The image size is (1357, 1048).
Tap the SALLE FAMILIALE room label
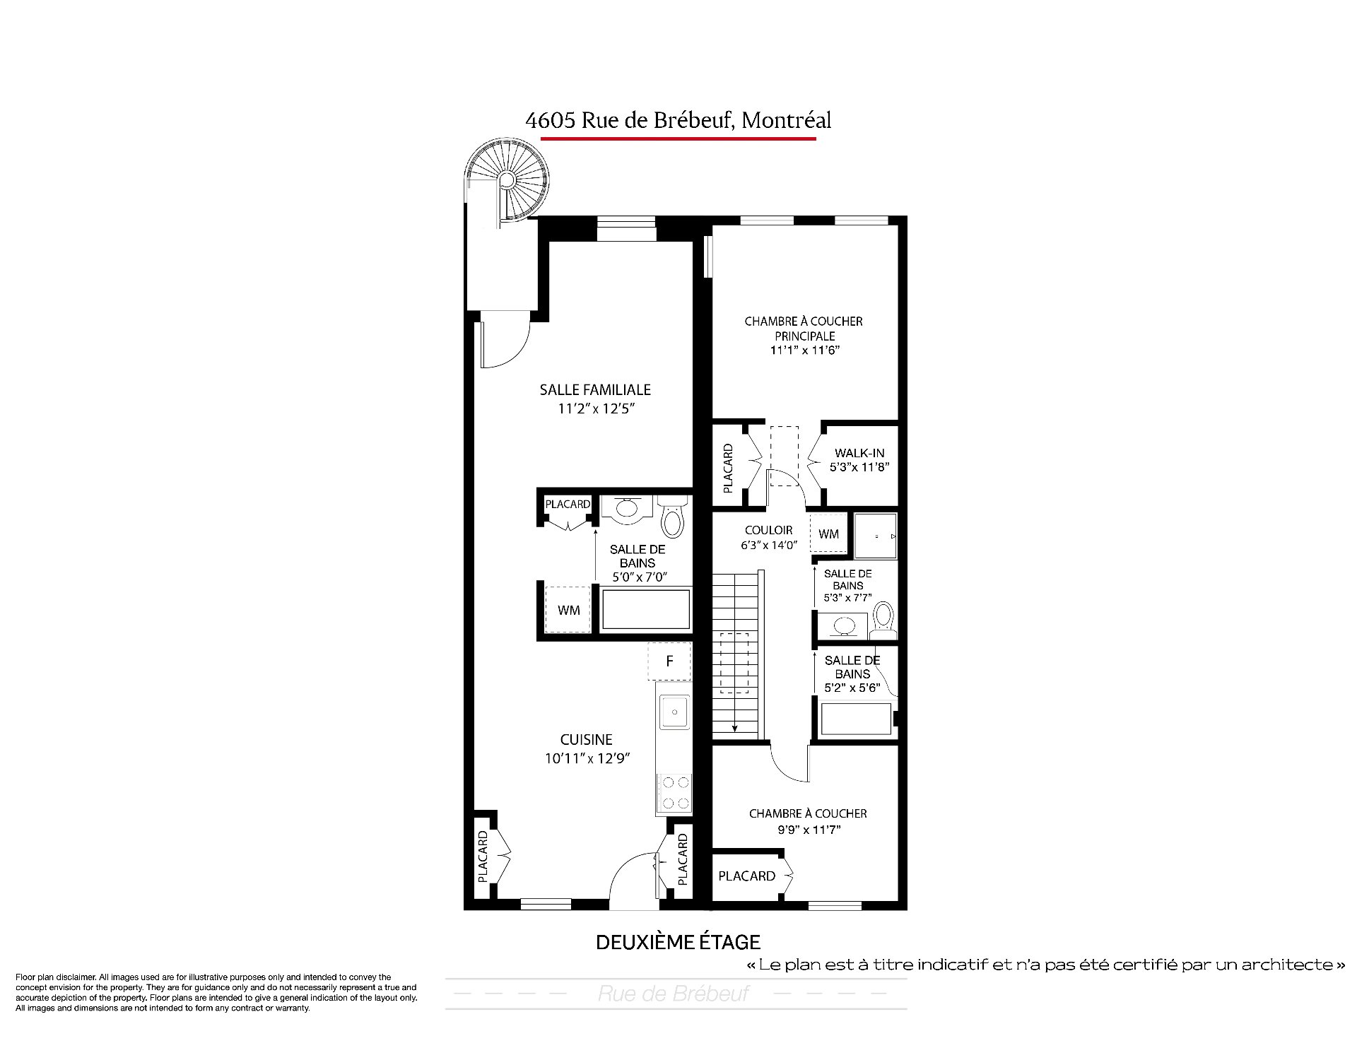[595, 389]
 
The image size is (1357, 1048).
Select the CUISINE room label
[586, 740]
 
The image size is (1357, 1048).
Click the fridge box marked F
[669, 661]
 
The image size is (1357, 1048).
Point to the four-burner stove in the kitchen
[674, 792]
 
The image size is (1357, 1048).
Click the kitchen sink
[675, 711]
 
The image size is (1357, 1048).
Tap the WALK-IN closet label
[859, 453]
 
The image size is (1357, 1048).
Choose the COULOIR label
[768, 530]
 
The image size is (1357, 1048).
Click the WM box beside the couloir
[829, 534]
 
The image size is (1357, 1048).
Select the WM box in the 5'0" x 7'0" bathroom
[568, 610]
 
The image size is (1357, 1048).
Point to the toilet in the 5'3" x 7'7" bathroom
[883, 620]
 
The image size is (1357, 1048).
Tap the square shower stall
[876, 536]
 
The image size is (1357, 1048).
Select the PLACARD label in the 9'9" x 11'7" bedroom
[746, 876]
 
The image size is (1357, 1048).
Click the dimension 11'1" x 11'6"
[804, 351]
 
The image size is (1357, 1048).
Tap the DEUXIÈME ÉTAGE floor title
[678, 942]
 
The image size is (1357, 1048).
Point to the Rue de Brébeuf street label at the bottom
[674, 994]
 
